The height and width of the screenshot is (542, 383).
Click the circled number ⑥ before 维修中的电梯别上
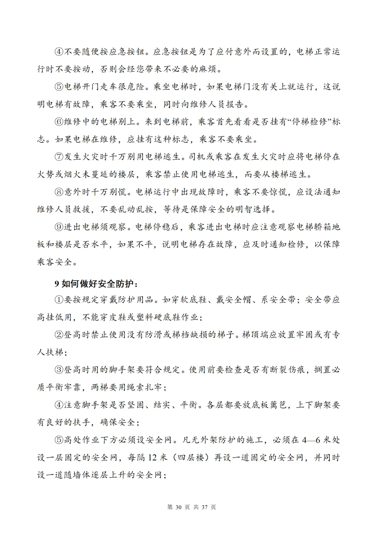[59, 122]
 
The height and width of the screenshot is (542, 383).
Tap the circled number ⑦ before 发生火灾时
[59, 157]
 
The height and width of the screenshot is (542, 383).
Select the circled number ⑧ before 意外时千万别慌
[59, 192]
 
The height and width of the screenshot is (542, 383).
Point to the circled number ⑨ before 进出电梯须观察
[59, 227]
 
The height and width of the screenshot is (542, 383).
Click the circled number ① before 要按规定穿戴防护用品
[59, 300]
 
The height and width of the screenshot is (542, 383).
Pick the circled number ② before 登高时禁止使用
[59, 335]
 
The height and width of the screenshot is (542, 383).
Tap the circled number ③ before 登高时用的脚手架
[59, 370]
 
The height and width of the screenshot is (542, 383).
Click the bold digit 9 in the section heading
[56, 284]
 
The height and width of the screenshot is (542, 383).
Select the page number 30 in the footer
[178, 507]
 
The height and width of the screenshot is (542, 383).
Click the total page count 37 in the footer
[204, 507]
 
